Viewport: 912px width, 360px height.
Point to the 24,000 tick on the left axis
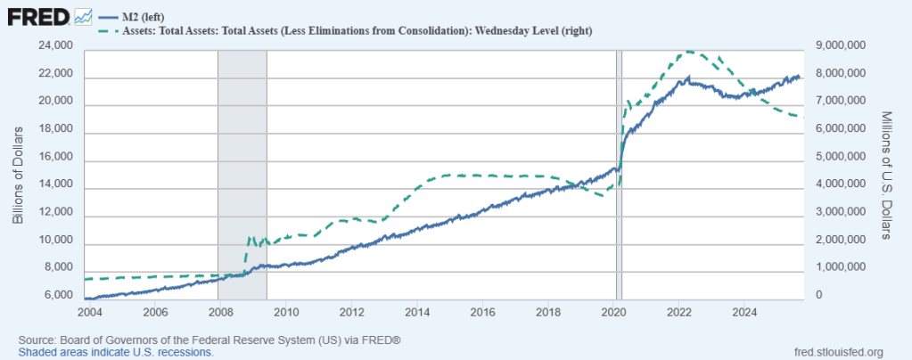click(56, 45)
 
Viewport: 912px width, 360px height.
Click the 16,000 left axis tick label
click(56, 156)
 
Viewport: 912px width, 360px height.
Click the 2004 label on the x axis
click(88, 312)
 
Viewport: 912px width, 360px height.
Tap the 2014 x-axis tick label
click(416, 312)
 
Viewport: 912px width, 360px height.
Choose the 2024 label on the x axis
click(744, 312)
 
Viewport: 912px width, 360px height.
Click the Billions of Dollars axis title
click(18, 171)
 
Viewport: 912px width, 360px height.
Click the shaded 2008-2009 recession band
click(242, 178)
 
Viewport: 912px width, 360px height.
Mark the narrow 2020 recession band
click(619, 178)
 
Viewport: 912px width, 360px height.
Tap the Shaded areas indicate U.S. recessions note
click(115, 352)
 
